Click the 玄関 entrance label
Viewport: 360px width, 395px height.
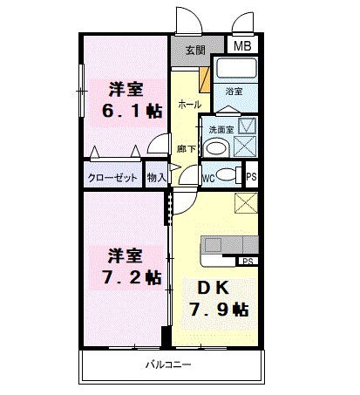[x=196, y=50]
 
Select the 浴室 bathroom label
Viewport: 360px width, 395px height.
[x=234, y=91]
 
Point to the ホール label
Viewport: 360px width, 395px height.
[x=188, y=104]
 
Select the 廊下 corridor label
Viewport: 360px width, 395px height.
[x=186, y=148]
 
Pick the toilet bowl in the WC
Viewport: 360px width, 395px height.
[x=227, y=174]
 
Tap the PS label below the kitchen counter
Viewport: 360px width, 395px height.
[x=248, y=261]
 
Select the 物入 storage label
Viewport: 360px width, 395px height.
[x=157, y=177]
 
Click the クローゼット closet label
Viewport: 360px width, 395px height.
[x=113, y=177]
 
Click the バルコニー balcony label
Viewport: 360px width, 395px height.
[x=167, y=364]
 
